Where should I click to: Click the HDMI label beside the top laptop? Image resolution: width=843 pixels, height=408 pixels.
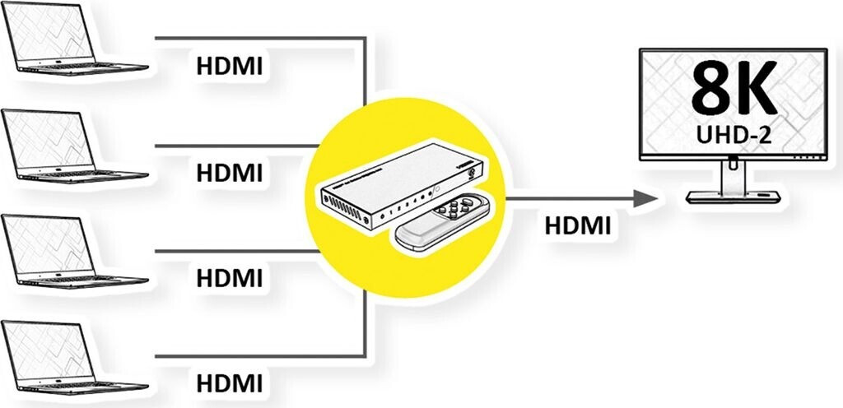[x=230, y=67]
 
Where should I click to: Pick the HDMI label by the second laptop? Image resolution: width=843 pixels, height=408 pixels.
[x=230, y=173]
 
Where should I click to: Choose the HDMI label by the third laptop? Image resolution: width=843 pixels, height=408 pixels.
[x=230, y=277]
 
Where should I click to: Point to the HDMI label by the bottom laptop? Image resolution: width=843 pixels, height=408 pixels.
[x=230, y=382]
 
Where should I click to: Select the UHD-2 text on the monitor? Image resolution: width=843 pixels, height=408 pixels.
[x=733, y=137]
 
